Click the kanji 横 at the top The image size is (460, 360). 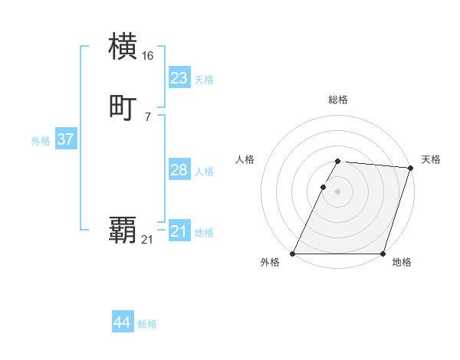[123, 46]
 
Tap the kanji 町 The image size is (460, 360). [123, 107]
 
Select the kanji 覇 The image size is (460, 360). [123, 230]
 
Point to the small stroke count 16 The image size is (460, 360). [148, 56]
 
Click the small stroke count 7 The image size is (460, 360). [148, 117]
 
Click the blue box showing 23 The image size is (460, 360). [179, 77]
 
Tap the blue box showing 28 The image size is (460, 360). [179, 170]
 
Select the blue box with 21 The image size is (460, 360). [179, 231]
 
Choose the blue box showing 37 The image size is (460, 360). [65, 139]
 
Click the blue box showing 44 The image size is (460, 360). [122, 322]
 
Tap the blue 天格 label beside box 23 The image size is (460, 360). [204, 80]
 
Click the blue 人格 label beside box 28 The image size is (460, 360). [204, 172]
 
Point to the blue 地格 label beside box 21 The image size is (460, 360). [204, 233]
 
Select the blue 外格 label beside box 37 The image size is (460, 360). [41, 141]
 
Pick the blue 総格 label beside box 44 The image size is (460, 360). [147, 324]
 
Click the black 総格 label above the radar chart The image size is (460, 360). [337, 100]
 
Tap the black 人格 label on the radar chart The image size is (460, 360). [245, 159]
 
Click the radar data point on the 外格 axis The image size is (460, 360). [293, 254]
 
